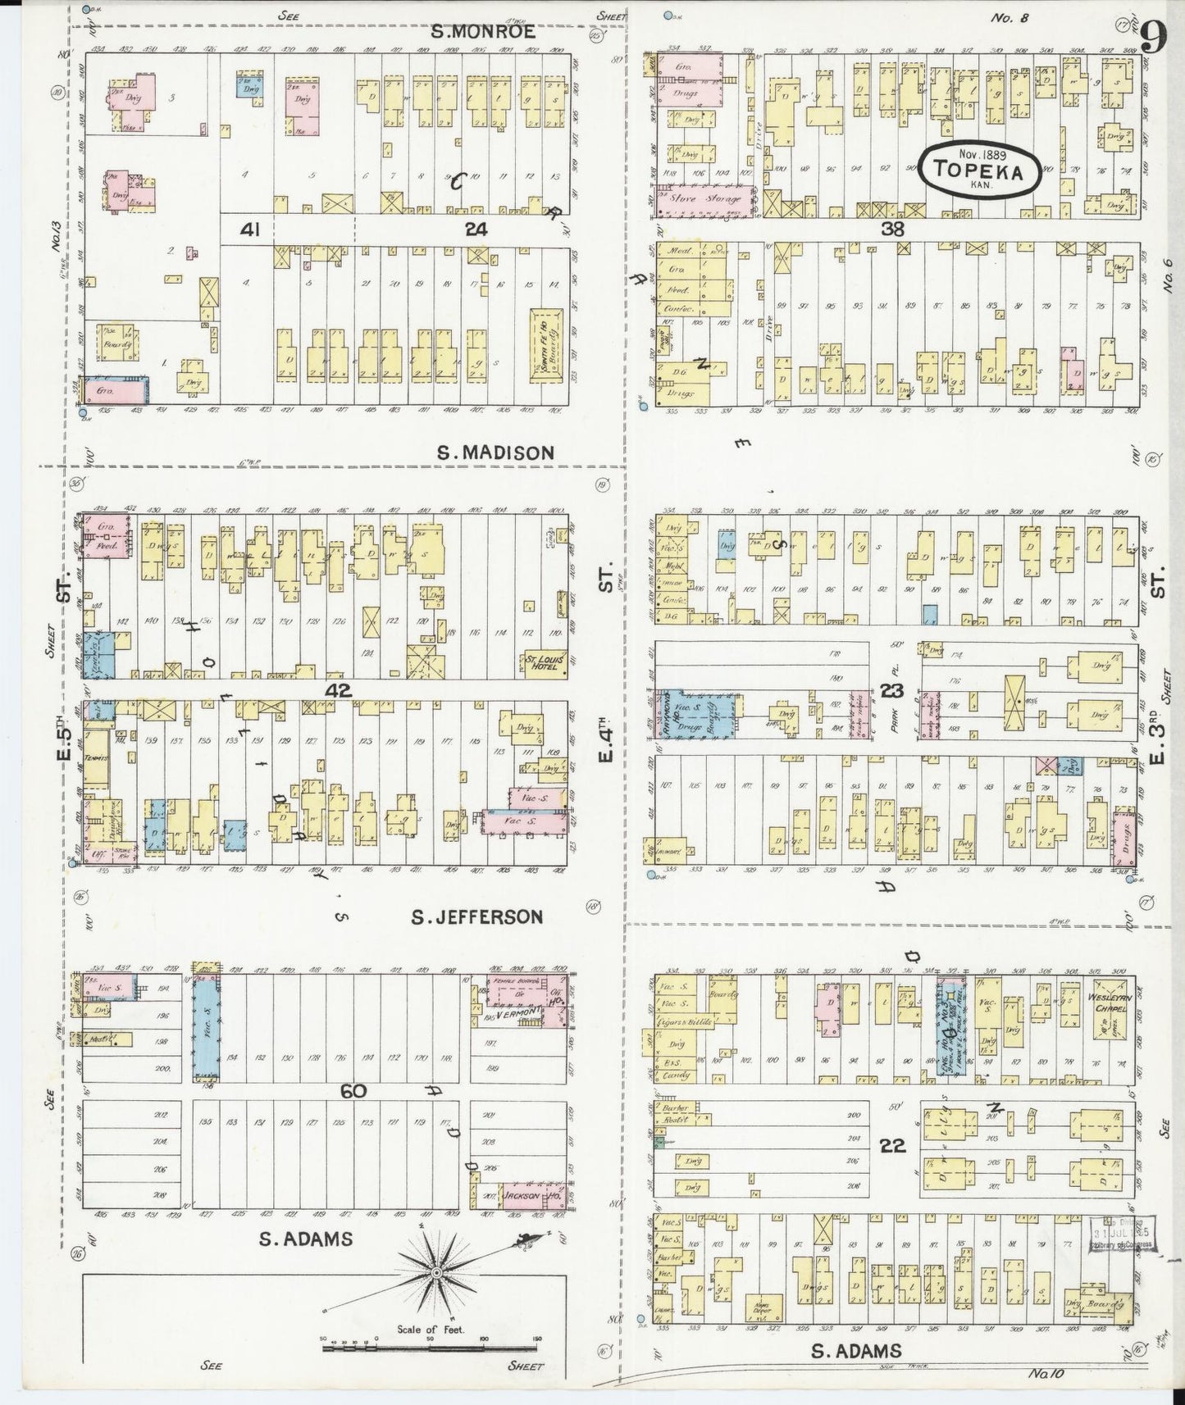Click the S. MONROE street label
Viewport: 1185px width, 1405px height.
point(484,32)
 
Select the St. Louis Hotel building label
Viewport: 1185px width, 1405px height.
point(542,662)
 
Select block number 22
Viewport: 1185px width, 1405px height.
point(892,1146)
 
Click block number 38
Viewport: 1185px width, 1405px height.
point(892,230)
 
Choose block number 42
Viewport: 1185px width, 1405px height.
point(338,691)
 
